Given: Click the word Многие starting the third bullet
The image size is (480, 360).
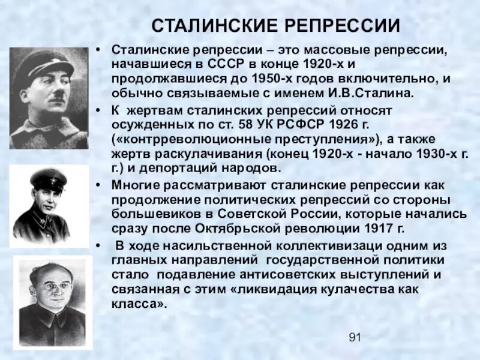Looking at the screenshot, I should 134,185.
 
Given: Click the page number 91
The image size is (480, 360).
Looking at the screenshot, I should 355,338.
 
